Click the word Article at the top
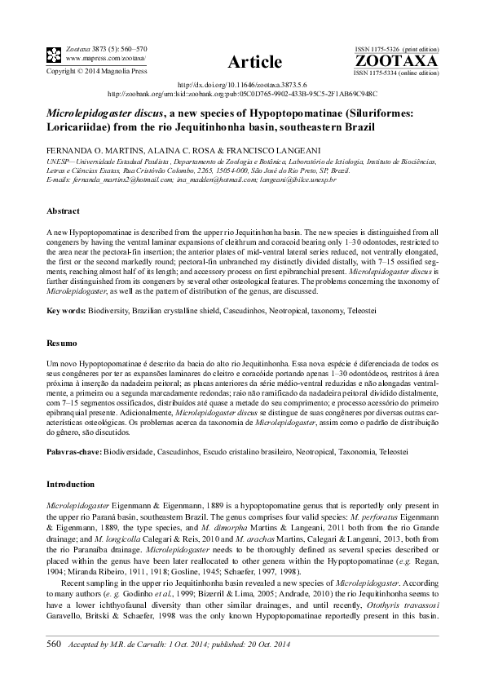pyautogui.click(x=254, y=62)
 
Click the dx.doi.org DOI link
pyautogui.click(x=242, y=85)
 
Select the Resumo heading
pyautogui.click(x=62, y=344)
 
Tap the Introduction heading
pyautogui.click(x=71, y=484)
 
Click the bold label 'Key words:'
pyautogui.click(x=64, y=312)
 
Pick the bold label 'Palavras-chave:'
pyautogui.click(x=75, y=451)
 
